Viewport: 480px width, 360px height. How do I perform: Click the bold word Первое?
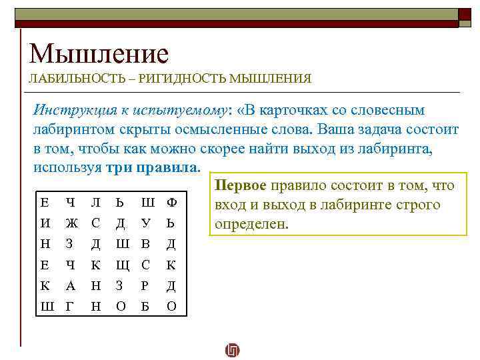click(239, 186)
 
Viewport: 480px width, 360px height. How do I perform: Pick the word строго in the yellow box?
click(417, 205)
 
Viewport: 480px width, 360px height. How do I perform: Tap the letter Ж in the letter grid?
click(71, 223)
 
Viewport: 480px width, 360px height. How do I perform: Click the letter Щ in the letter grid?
click(121, 265)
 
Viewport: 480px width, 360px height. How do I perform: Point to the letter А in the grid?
click(71, 286)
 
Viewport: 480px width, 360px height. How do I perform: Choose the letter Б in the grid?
click(146, 307)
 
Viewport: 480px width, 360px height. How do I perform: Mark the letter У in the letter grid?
click(147, 223)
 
